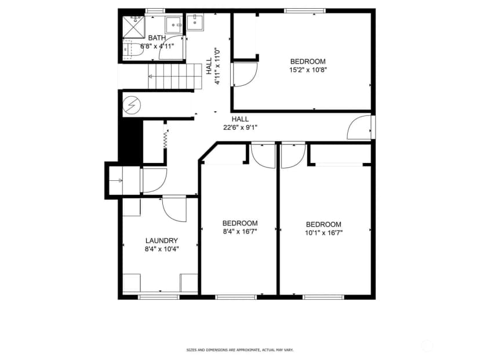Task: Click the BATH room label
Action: pyautogui.click(x=157, y=38)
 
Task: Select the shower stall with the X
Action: pyautogui.click(x=133, y=27)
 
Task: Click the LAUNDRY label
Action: pyautogui.click(x=162, y=241)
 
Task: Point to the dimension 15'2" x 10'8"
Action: pyautogui.click(x=308, y=70)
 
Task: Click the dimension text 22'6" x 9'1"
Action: pyautogui.click(x=240, y=128)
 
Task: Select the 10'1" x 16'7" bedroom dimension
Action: pyautogui.click(x=323, y=233)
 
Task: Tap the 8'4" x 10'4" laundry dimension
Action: pyautogui.click(x=162, y=249)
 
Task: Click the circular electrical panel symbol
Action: pyautogui.click(x=132, y=105)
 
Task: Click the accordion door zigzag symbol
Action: pyautogui.click(x=165, y=140)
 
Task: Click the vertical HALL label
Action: pyautogui.click(x=209, y=66)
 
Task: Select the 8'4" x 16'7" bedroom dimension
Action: pyautogui.click(x=240, y=232)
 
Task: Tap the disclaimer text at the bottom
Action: pyautogui.click(x=240, y=350)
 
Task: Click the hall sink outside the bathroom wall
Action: pyautogui.click(x=195, y=23)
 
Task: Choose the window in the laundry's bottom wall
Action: pyautogui.click(x=158, y=297)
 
